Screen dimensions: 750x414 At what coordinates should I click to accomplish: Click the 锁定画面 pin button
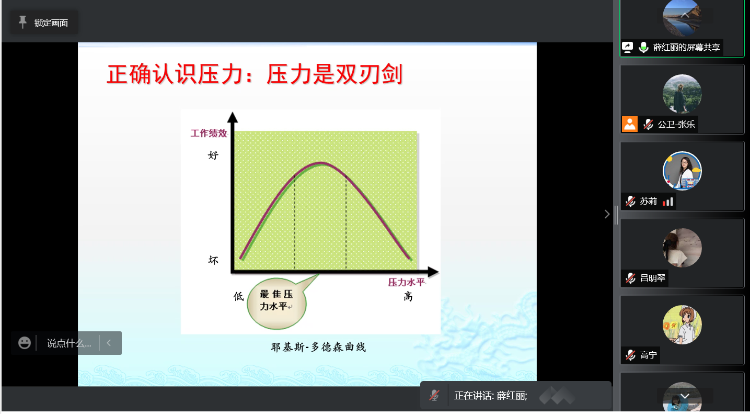[x=44, y=23]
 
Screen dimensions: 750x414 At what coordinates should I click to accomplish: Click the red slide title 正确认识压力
[x=175, y=74]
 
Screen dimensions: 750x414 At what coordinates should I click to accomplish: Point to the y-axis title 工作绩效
[x=209, y=133]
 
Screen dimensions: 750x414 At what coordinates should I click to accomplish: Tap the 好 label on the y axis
[x=213, y=155]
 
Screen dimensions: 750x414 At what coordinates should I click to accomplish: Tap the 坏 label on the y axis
[x=213, y=260]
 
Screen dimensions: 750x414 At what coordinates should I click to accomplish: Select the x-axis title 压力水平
[x=406, y=282]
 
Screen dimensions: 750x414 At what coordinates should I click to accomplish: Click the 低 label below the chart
[x=238, y=296]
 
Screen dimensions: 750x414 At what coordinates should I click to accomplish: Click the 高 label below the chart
[x=408, y=296]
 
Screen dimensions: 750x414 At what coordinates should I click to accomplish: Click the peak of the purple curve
[x=321, y=163]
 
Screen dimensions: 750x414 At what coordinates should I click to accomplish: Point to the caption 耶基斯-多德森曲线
[x=318, y=347]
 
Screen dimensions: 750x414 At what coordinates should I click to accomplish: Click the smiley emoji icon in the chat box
[x=25, y=343]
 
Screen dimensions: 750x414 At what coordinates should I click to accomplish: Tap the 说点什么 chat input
[x=68, y=343]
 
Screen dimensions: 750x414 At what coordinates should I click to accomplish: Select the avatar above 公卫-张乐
[x=682, y=94]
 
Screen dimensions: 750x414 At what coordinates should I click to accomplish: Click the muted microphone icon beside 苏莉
[x=630, y=201]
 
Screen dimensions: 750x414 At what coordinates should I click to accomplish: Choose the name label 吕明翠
[x=653, y=278]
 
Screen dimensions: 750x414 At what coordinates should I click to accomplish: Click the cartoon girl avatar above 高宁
[x=682, y=325]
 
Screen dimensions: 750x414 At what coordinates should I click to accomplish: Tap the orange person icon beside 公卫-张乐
[x=629, y=124]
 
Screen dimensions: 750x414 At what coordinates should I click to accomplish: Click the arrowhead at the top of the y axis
[x=233, y=117]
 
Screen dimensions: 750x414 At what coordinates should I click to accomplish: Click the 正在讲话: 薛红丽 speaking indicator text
[x=491, y=396]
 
